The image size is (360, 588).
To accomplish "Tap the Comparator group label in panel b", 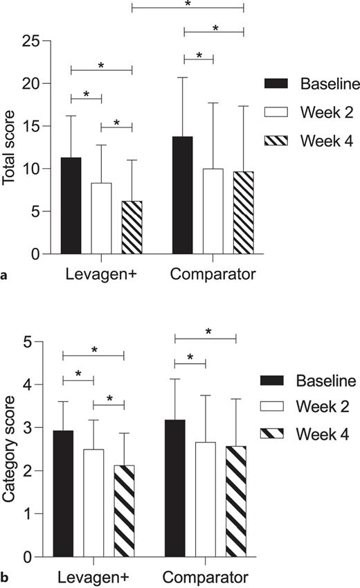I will [x=205, y=576].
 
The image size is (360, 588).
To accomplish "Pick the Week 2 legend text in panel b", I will [x=325, y=409].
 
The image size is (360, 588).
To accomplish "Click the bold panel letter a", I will [x=6, y=276].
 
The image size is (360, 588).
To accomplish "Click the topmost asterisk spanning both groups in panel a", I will [x=188, y=4].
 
